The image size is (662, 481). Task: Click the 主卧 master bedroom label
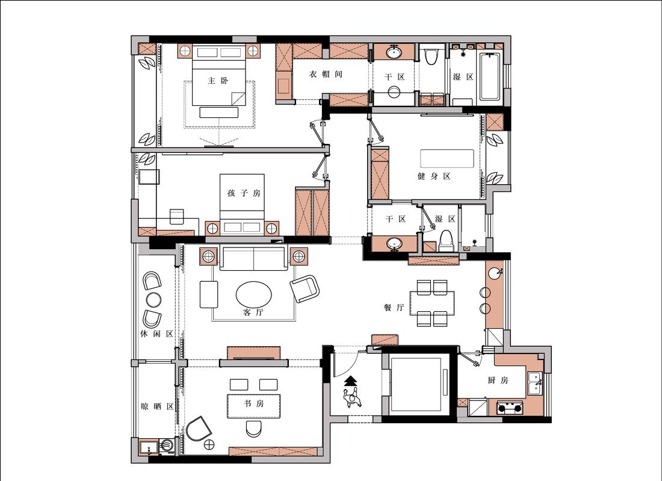[x=218, y=80]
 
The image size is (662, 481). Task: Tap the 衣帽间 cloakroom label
[x=326, y=74]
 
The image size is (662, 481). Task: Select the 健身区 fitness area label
[x=433, y=176]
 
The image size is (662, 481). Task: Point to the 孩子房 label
[x=244, y=193]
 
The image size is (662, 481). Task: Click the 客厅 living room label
[x=253, y=312]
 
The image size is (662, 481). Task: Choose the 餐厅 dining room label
[x=394, y=308]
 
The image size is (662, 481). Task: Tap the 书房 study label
[x=253, y=403]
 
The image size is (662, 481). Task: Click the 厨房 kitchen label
[x=498, y=380]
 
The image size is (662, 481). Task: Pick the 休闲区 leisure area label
[x=156, y=334]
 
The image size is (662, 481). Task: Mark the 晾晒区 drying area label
[x=157, y=407]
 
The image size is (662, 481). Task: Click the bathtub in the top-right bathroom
[x=490, y=76]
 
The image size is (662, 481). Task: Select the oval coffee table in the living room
[x=254, y=294]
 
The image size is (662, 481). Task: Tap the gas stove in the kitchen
[x=510, y=408]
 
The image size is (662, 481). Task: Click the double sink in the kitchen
[x=535, y=383]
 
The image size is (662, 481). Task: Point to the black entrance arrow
[x=351, y=381]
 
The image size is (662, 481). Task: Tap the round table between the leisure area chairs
[x=153, y=300]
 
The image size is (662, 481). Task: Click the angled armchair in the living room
[x=305, y=289]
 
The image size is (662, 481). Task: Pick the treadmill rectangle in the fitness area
[x=447, y=158]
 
